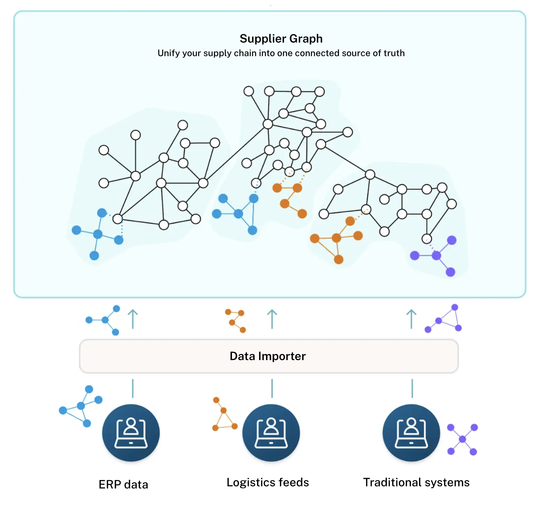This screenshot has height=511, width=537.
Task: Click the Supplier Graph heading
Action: coord(281,39)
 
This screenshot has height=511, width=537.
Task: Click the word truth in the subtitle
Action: coord(394,53)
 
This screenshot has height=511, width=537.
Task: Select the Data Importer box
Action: coord(268,356)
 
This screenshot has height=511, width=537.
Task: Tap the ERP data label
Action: coord(123,484)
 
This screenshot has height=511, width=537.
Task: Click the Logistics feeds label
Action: coord(268,482)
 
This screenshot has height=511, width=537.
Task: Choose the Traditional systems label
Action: coord(416,482)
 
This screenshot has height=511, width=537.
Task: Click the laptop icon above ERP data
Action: coord(131,433)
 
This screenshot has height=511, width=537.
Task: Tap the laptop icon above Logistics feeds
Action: coord(271,433)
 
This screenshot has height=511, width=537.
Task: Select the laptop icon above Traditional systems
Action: coord(411,433)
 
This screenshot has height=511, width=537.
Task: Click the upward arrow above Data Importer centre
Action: coord(272,319)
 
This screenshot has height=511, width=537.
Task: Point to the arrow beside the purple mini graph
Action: coord(411,319)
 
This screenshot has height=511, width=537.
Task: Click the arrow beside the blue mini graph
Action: coord(133,319)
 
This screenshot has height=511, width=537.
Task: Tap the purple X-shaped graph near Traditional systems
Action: coord(462,439)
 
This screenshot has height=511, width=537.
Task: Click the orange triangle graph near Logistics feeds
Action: coord(224,415)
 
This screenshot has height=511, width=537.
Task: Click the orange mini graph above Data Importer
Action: coord(236,321)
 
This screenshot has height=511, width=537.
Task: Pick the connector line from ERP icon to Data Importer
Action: coord(133,388)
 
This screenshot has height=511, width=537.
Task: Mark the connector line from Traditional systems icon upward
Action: coord(412,388)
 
